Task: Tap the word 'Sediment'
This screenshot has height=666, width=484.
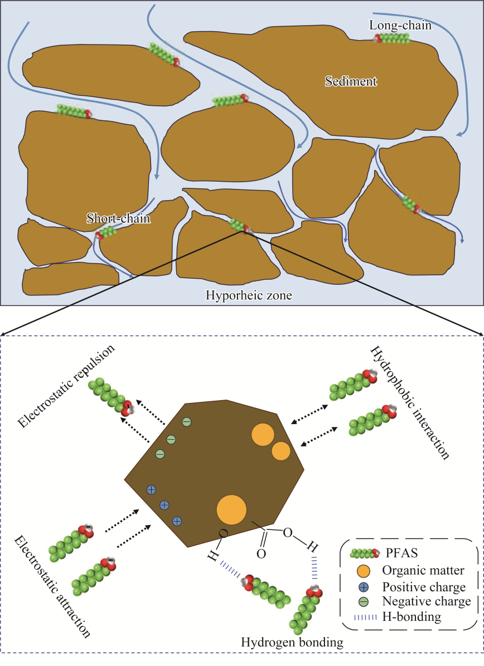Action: pos(351,81)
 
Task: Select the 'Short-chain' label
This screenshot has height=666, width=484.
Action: pos(118,218)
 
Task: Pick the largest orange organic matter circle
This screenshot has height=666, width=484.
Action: pos(231,509)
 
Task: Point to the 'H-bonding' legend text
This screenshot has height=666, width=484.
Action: pos(412,617)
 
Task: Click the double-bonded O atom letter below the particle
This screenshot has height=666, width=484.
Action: pos(260,554)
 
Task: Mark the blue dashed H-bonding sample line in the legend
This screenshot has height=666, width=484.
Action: pos(362,617)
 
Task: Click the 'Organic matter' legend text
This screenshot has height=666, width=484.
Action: pos(419,571)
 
